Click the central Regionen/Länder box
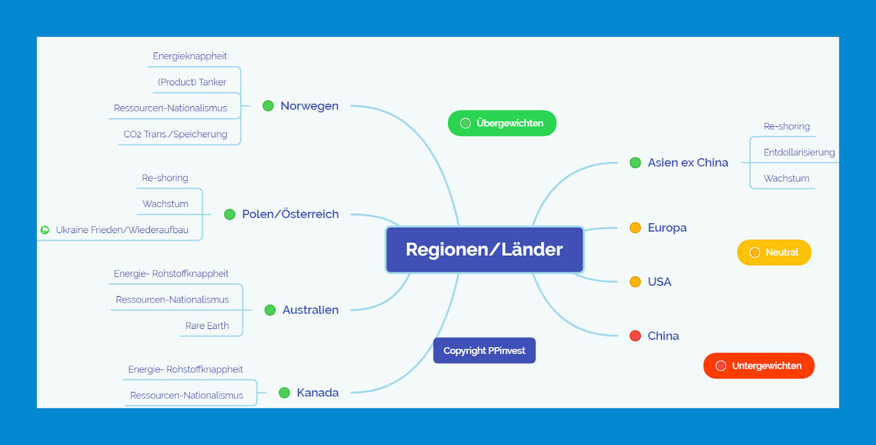(485, 250)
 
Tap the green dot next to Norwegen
(268, 106)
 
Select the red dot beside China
(635, 336)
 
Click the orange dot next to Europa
(635, 228)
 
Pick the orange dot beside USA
(635, 282)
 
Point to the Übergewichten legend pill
(502, 123)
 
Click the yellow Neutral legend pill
(774, 252)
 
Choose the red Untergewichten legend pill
(758, 366)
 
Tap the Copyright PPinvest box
(484, 350)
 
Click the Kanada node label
(318, 392)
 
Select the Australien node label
(310, 310)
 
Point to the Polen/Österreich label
(290, 214)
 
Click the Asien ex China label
(688, 163)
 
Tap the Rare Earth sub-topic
(207, 326)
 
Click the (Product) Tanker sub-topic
(192, 82)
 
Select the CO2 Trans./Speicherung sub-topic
(175, 134)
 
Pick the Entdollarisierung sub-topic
(799, 152)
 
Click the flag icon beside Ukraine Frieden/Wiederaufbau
(45, 230)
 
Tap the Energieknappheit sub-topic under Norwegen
(189, 56)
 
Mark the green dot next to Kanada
(284, 392)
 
